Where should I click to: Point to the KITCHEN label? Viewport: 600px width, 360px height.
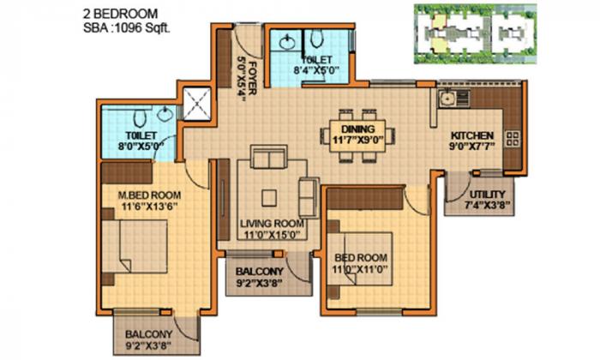coord(472,135)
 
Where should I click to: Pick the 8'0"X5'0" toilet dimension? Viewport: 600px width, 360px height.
coord(137,147)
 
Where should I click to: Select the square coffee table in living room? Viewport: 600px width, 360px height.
coord(272,195)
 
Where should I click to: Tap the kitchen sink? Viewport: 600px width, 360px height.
coord(447,96)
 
